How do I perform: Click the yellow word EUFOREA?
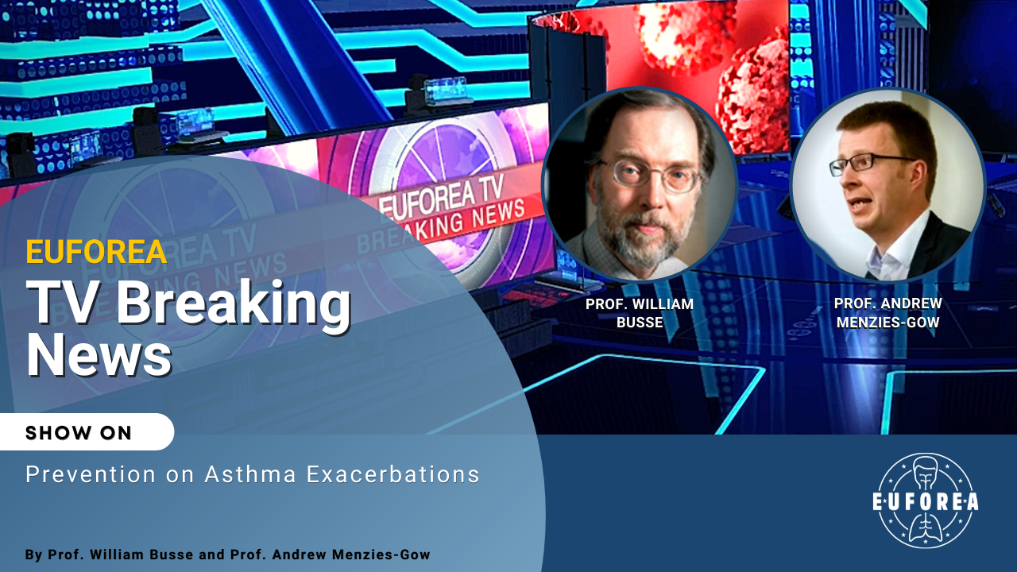coord(96,252)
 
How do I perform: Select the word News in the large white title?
coord(99,354)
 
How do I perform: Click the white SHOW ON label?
coord(78,433)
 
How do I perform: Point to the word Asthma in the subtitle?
coord(250,474)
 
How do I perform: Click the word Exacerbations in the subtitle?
coord(393,474)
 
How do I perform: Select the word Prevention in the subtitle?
coord(91,474)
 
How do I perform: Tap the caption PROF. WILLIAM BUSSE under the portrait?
coord(640,313)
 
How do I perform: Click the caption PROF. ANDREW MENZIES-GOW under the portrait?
coord(888,313)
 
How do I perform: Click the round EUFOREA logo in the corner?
coord(926,500)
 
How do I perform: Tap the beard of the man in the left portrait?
coord(644,236)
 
